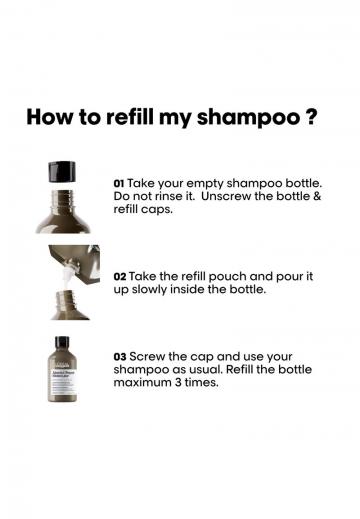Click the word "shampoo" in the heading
click(248, 119)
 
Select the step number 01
click(119, 184)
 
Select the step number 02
click(120, 277)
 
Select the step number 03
click(120, 357)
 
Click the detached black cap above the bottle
click(62, 172)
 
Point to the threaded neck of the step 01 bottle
click(62, 199)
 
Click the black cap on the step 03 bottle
click(62, 342)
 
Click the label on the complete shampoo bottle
click(62, 380)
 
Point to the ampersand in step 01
click(317, 196)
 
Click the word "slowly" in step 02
click(149, 290)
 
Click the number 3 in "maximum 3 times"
click(178, 382)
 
